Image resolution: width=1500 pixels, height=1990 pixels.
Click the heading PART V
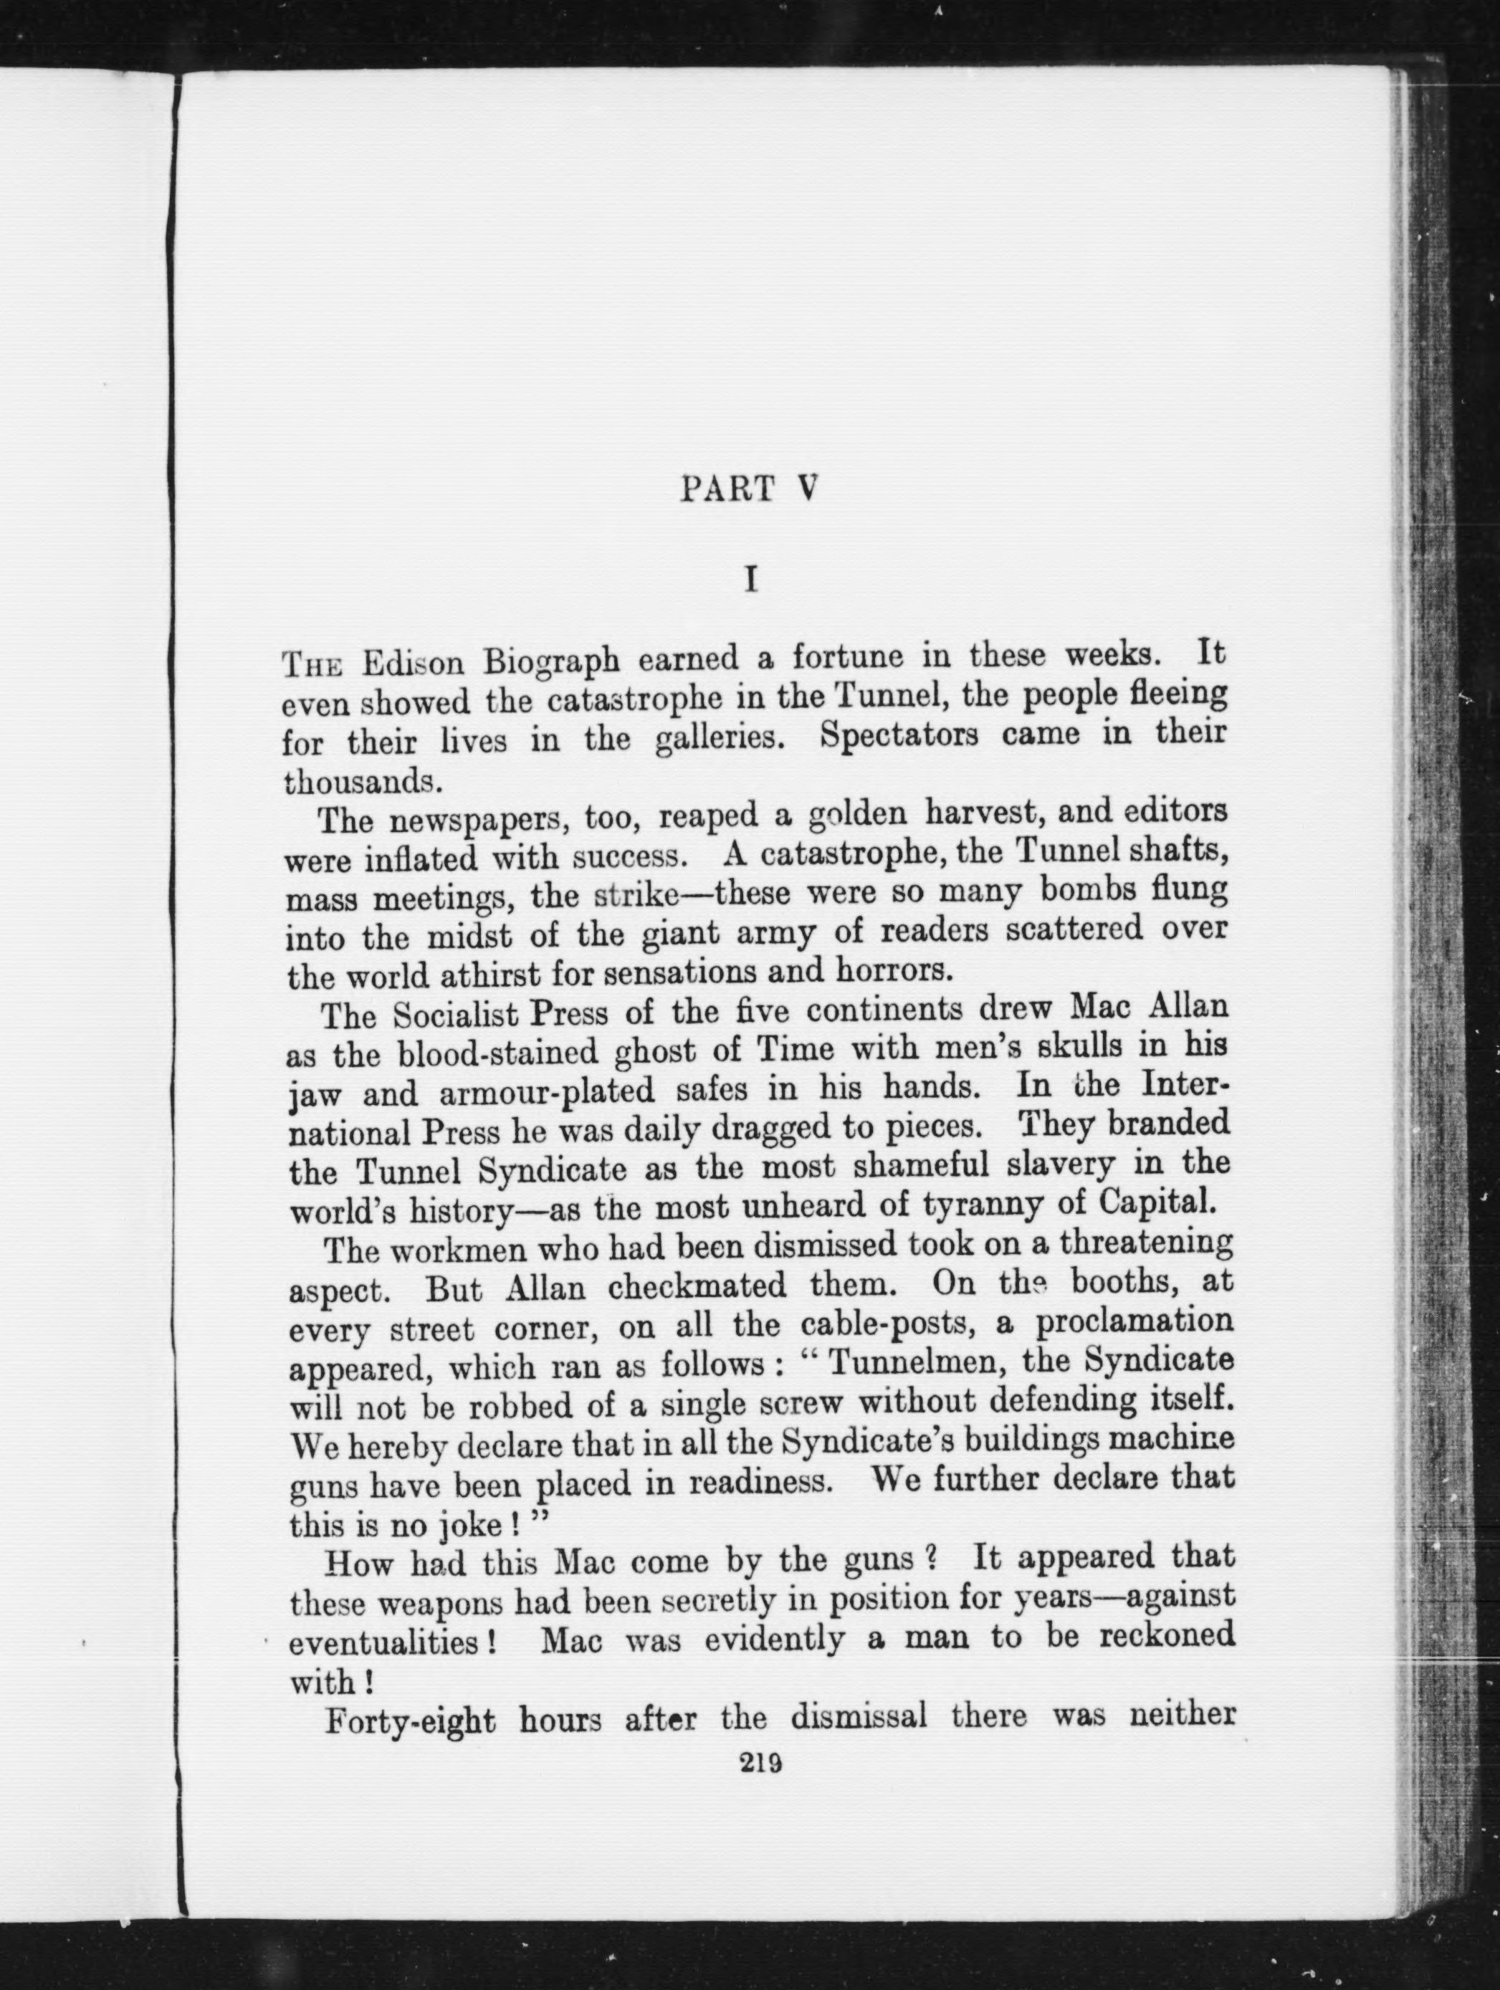(x=749, y=489)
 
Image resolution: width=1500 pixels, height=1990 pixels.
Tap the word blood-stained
(x=497, y=1053)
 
